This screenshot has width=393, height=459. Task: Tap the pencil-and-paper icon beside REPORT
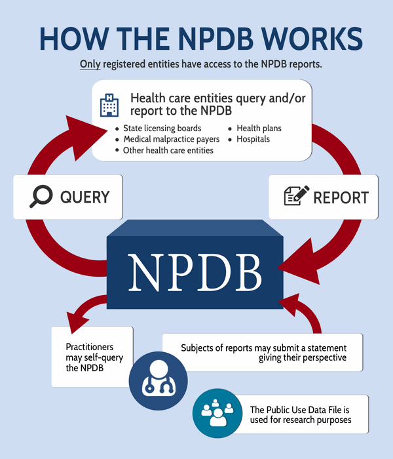tap(295, 197)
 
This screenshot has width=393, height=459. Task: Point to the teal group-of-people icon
tap(215, 412)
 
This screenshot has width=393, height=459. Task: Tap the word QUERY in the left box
tap(84, 197)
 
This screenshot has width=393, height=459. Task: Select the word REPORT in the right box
tap(341, 197)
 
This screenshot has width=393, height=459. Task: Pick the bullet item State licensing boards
tap(162, 128)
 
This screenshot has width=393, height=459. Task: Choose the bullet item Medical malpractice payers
tap(172, 139)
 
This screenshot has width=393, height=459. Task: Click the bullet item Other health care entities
tap(168, 150)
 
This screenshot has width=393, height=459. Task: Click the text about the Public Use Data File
tap(301, 414)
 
